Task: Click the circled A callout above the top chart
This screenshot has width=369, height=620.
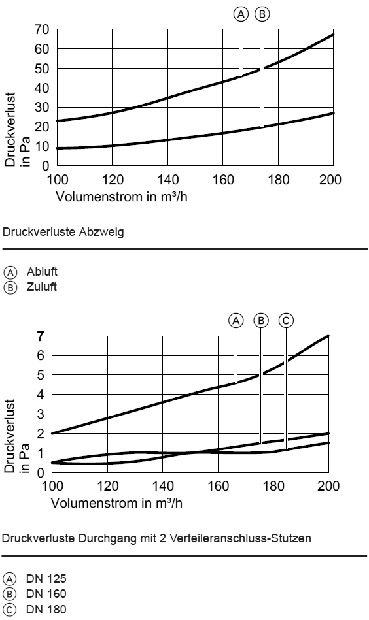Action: coord(241,14)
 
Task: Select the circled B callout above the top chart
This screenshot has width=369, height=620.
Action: coord(262,14)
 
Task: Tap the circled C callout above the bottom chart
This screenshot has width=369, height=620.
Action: coord(286,320)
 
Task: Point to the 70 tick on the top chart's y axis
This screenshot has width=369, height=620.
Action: coord(42,29)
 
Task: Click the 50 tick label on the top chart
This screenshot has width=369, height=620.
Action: coord(42,69)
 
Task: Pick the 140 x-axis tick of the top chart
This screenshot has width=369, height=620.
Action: coord(168,180)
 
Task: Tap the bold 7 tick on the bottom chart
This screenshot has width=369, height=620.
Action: coord(41,336)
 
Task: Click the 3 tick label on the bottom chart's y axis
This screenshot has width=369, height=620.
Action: coord(41,414)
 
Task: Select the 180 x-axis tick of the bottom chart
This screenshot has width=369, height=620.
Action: coord(273,486)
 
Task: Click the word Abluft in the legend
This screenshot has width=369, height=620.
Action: coord(42,272)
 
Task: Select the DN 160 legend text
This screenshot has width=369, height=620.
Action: coord(46,594)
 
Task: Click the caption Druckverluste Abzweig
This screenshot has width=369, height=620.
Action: coord(63,232)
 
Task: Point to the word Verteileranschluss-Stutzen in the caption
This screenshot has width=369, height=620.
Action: coord(240,538)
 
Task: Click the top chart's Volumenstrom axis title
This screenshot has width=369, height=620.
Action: coord(122,197)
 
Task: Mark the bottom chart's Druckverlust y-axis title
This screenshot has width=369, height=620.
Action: coord(9,436)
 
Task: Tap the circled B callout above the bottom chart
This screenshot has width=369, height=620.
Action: coord(260,320)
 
